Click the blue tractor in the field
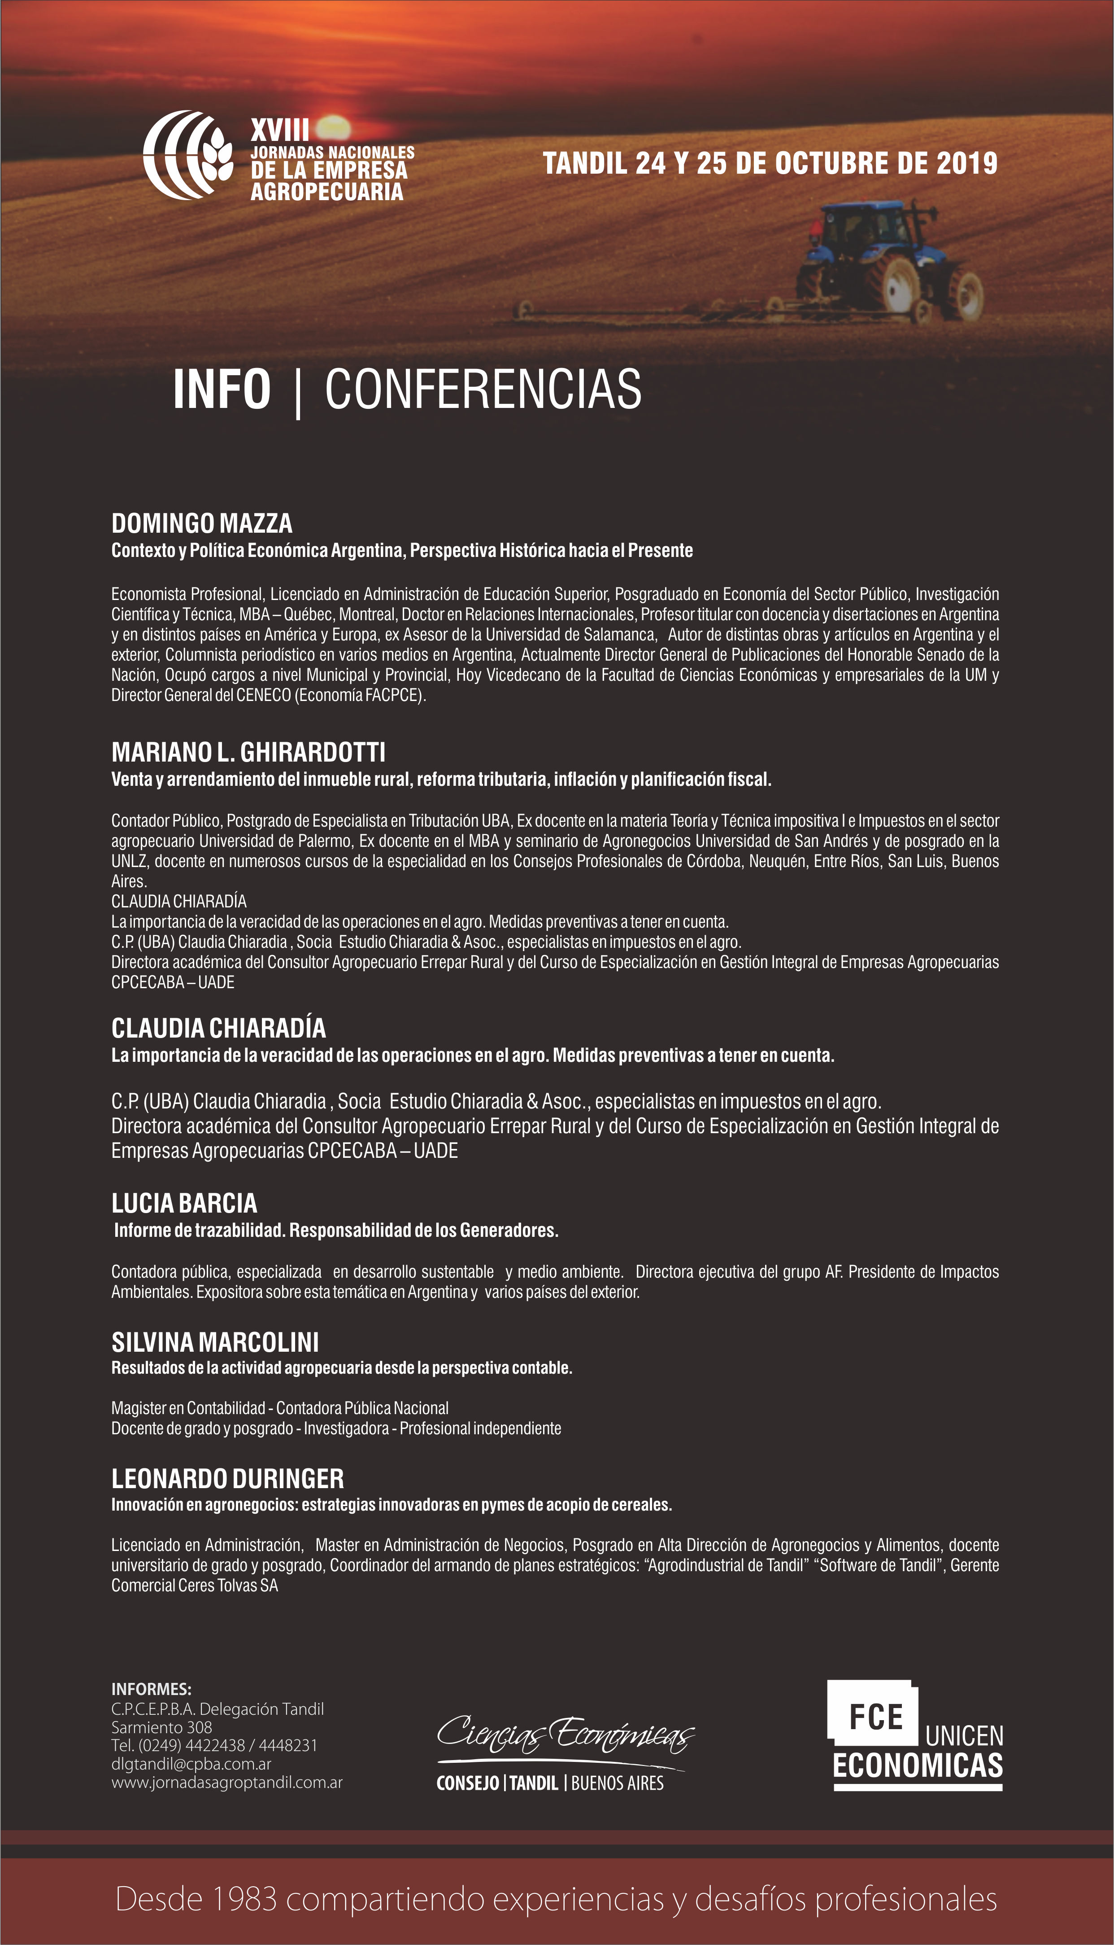[x=888, y=260]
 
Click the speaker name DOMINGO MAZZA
[x=202, y=524]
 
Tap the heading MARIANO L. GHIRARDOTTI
[x=248, y=753]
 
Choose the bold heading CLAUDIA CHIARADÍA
[x=219, y=1028]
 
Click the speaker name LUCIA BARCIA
[x=184, y=1203]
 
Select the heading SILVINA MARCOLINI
[x=215, y=1343]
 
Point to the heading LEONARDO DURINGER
[x=228, y=1479]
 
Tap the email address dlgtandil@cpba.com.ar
[x=191, y=1764]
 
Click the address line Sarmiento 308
[x=161, y=1728]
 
